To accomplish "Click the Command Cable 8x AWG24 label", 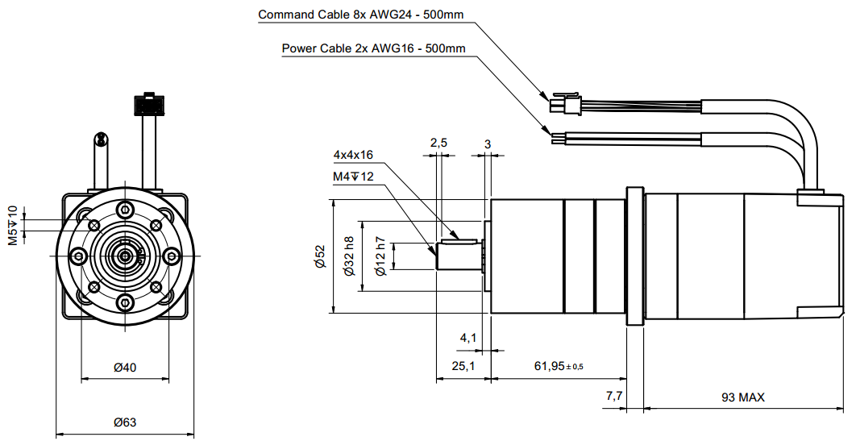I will click(361, 15).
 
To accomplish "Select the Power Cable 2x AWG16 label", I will click(373, 48).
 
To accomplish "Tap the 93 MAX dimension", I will click(743, 397).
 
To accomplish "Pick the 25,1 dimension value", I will click(463, 366).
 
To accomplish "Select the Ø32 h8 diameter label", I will click(349, 256).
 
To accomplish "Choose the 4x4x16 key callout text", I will click(353, 155).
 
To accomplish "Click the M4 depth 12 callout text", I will click(353, 177).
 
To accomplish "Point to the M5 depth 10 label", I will click(12, 225).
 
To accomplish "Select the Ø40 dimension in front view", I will click(125, 368).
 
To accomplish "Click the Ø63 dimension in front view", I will click(125, 422).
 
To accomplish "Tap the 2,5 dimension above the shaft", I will click(438, 143).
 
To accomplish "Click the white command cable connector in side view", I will click(565, 105).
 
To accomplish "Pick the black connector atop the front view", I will click(147, 105).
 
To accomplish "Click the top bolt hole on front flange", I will click(125, 210).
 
